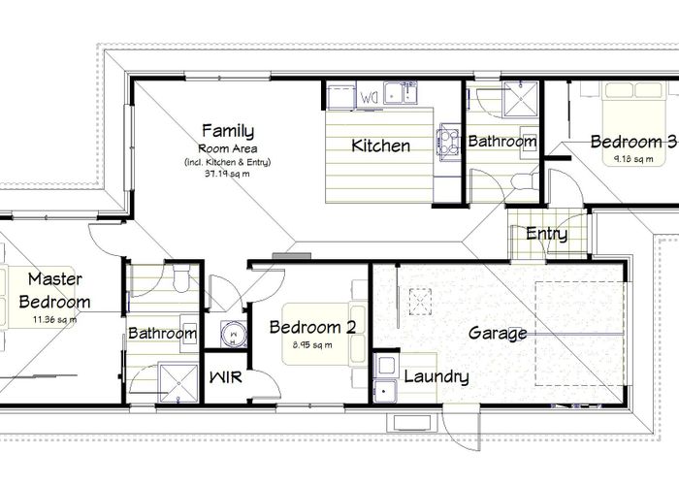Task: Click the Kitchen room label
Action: pyautogui.click(x=380, y=147)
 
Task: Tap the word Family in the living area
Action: pyautogui.click(x=227, y=130)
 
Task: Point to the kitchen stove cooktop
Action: pyautogui.click(x=450, y=141)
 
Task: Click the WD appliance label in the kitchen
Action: pyautogui.click(x=371, y=97)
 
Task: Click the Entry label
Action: pyautogui.click(x=546, y=234)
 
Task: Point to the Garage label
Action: pyautogui.click(x=498, y=333)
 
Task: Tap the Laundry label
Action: pyautogui.click(x=436, y=377)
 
